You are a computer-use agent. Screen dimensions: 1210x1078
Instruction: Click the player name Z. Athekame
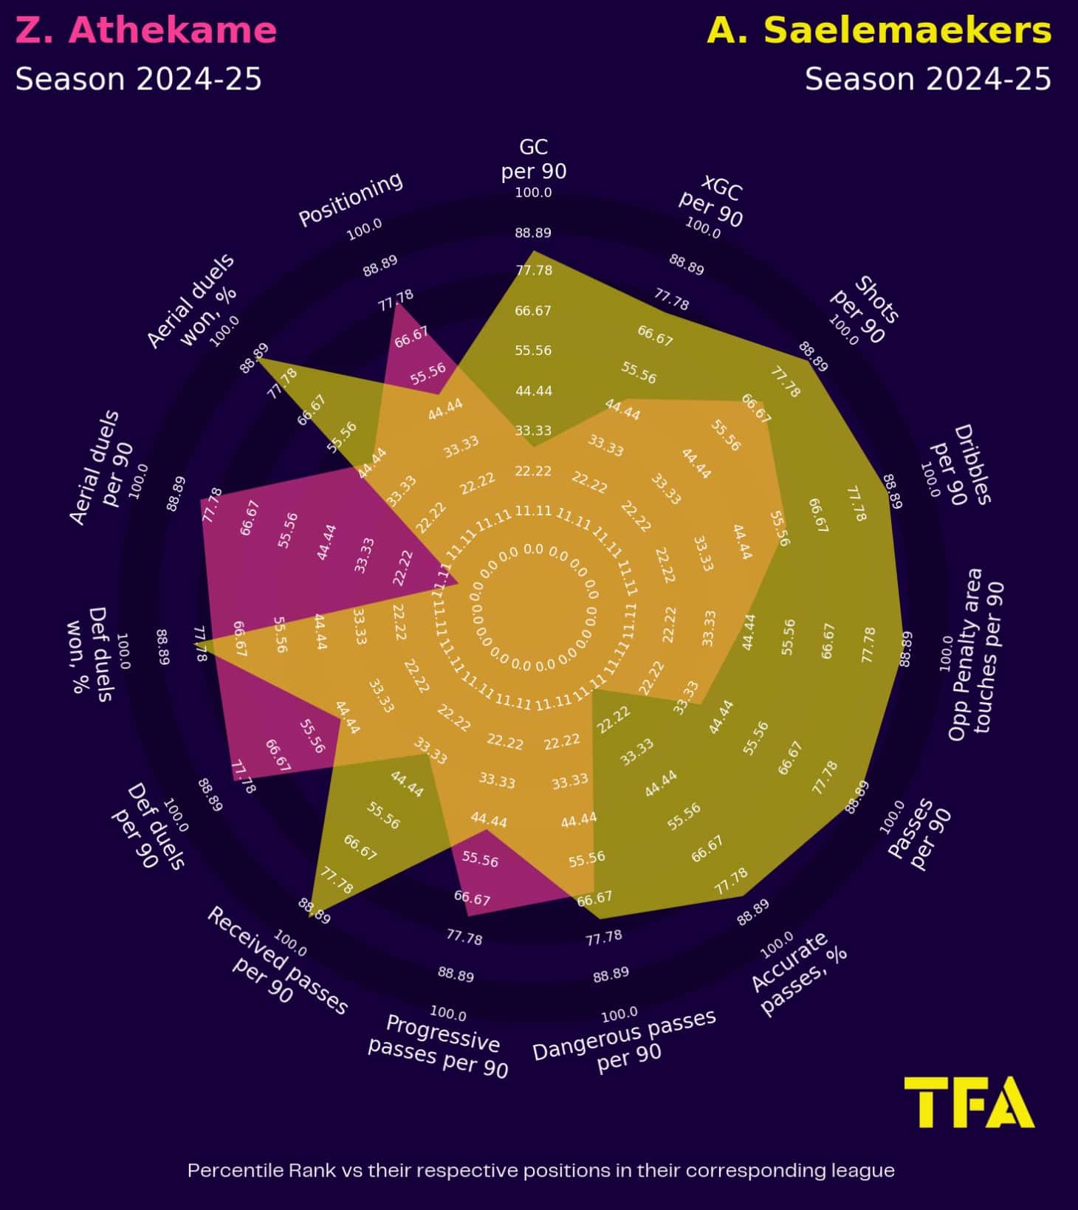click(146, 30)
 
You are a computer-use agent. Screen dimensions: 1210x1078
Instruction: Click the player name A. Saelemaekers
click(879, 30)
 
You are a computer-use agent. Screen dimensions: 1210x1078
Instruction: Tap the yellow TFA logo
click(969, 1101)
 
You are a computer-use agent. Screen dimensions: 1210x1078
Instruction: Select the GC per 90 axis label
click(533, 159)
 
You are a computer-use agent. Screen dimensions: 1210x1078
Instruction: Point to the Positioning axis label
click(351, 199)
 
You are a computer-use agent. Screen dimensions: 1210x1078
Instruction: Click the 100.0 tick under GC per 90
click(533, 193)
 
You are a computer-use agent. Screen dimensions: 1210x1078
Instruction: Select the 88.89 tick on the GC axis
click(533, 233)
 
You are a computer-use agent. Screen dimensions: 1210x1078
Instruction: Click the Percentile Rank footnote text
click(540, 1170)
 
